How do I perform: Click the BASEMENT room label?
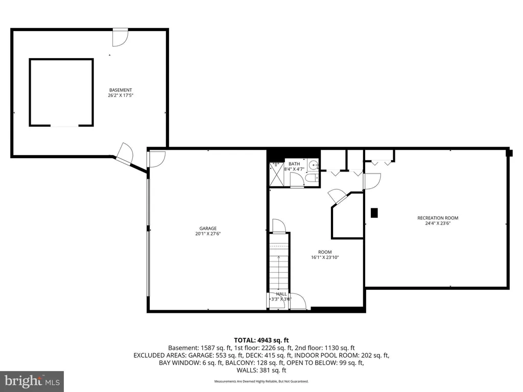click(121, 90)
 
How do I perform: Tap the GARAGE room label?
click(208, 228)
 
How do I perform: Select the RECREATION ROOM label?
click(438, 218)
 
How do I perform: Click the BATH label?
click(294, 164)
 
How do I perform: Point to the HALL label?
click(281, 294)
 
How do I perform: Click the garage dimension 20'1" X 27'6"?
click(208, 234)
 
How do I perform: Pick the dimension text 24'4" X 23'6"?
click(438, 224)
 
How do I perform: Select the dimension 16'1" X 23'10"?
click(325, 257)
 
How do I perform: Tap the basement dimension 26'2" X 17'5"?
click(121, 95)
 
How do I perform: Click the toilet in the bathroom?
click(312, 178)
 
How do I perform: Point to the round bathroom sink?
click(313, 165)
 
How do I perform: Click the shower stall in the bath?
click(276, 174)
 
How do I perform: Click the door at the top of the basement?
click(120, 37)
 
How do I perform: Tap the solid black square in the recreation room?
click(374, 213)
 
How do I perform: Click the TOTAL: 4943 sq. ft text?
click(261, 340)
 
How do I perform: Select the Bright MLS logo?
click(32, 381)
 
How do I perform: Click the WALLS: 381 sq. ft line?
click(261, 370)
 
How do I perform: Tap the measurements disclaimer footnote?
click(261, 381)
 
